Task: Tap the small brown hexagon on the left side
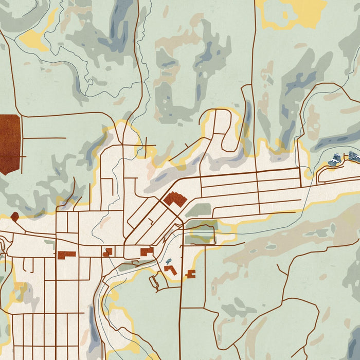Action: (14, 217)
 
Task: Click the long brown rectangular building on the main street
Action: (66, 254)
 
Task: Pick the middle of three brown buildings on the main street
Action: (107, 252)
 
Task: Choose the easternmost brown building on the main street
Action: (147, 251)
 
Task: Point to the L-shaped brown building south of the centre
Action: (171, 270)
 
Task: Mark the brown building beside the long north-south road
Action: (191, 274)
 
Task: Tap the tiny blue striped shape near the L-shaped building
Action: (168, 261)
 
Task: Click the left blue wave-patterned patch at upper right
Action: (335, 159)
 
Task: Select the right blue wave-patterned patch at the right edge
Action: (354, 156)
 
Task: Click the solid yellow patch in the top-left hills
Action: (35, 38)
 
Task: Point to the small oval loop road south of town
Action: (155, 281)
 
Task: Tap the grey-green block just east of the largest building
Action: (199, 210)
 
